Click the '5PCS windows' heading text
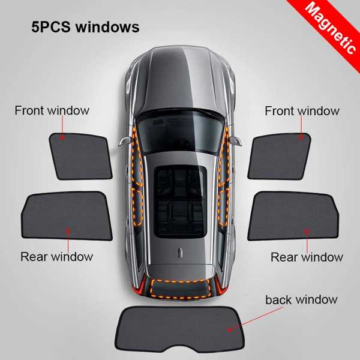click(x=85, y=27)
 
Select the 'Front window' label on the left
click(x=52, y=110)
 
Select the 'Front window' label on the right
click(x=302, y=111)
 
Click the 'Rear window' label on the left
click(x=56, y=256)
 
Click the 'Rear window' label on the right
click(x=307, y=257)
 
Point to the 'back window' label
click(x=301, y=299)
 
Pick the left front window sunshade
click(x=80, y=156)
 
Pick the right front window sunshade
click(x=279, y=156)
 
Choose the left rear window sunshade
click(x=67, y=215)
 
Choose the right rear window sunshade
click(x=293, y=216)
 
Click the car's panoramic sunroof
click(x=180, y=202)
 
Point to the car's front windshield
click(x=180, y=132)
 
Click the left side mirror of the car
click(x=125, y=141)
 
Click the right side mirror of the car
click(x=236, y=141)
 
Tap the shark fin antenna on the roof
click(x=181, y=253)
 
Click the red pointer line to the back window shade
click(x=256, y=319)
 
